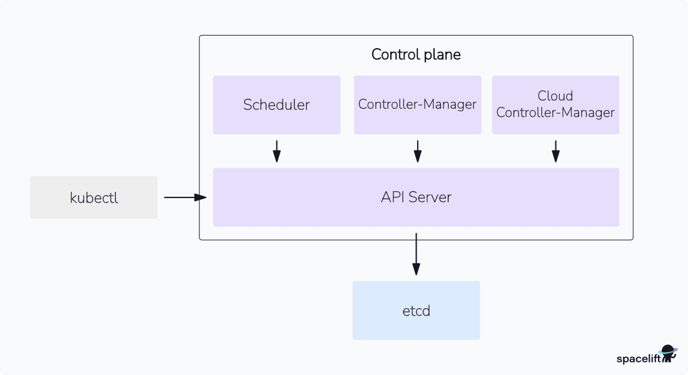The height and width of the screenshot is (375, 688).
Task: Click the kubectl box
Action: click(x=94, y=197)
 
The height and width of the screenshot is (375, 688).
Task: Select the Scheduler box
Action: click(x=276, y=105)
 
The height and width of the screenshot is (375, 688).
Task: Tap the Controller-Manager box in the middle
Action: click(x=417, y=105)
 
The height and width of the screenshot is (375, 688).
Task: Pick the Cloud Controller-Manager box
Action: click(x=555, y=105)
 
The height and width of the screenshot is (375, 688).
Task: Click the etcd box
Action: click(x=416, y=310)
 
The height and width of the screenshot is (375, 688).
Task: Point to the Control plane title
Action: click(x=416, y=54)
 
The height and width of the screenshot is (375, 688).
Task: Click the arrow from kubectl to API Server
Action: click(x=185, y=197)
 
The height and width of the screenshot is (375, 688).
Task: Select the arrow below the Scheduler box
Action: click(x=276, y=151)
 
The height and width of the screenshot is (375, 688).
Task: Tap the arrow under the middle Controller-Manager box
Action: click(x=417, y=151)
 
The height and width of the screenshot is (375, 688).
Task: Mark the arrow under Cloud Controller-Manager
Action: click(x=555, y=151)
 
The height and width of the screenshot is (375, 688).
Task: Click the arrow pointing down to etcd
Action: click(x=416, y=254)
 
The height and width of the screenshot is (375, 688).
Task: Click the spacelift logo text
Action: click(x=638, y=359)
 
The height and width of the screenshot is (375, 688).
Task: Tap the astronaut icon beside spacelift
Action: click(x=669, y=354)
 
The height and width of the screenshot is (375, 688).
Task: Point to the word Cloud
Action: click(x=555, y=96)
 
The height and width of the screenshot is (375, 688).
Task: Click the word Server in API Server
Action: click(x=430, y=197)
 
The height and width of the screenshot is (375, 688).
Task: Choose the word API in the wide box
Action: click(x=393, y=197)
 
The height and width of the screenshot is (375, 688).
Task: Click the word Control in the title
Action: click(x=394, y=54)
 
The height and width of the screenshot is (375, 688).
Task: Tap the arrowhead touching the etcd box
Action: click(x=416, y=269)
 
